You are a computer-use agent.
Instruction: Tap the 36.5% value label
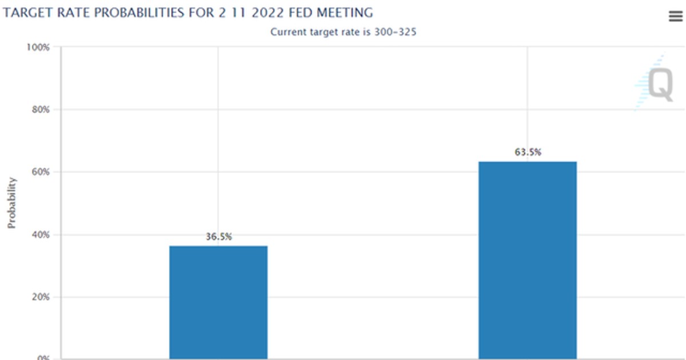[219, 237]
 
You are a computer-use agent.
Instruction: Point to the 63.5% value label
[528, 153]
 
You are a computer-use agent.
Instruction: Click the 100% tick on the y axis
[38, 47]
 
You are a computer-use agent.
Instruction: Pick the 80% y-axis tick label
[40, 109]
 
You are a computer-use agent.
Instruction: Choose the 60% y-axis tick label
[40, 172]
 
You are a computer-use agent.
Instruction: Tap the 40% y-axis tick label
[40, 234]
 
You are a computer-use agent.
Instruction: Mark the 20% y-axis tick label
[40, 297]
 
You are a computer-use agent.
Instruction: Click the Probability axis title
[12, 203]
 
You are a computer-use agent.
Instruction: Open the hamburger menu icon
[675, 17]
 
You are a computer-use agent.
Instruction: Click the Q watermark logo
[657, 85]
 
